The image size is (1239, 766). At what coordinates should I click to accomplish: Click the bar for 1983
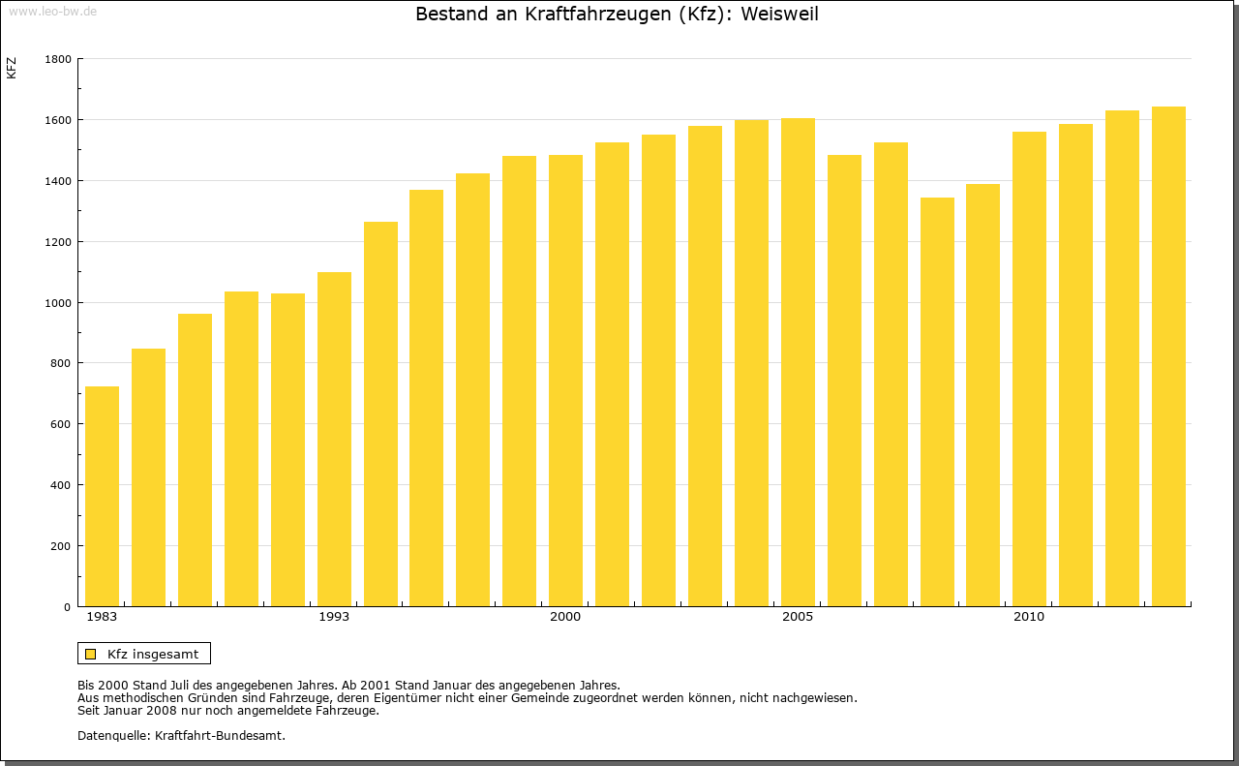[102, 496]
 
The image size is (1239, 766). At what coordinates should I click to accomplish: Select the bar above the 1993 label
[334, 439]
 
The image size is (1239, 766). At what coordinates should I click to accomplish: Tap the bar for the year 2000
[565, 381]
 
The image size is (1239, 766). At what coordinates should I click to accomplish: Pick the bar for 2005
[798, 362]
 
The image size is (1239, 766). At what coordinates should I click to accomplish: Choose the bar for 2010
[1029, 369]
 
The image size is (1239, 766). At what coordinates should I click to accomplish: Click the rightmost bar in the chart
[1168, 356]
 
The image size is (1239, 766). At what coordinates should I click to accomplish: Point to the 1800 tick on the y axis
[58, 59]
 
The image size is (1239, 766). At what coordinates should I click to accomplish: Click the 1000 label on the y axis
[58, 303]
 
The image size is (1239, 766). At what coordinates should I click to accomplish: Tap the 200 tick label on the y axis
[61, 546]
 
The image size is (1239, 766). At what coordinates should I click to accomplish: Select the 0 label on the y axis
[68, 607]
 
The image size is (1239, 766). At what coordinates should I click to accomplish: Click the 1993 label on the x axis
[334, 617]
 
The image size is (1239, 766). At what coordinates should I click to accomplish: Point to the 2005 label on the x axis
[798, 617]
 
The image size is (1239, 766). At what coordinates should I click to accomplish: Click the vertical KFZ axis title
[12, 68]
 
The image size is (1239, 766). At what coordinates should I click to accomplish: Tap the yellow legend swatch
[90, 654]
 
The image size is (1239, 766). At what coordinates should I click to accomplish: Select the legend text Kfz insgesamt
[153, 654]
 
